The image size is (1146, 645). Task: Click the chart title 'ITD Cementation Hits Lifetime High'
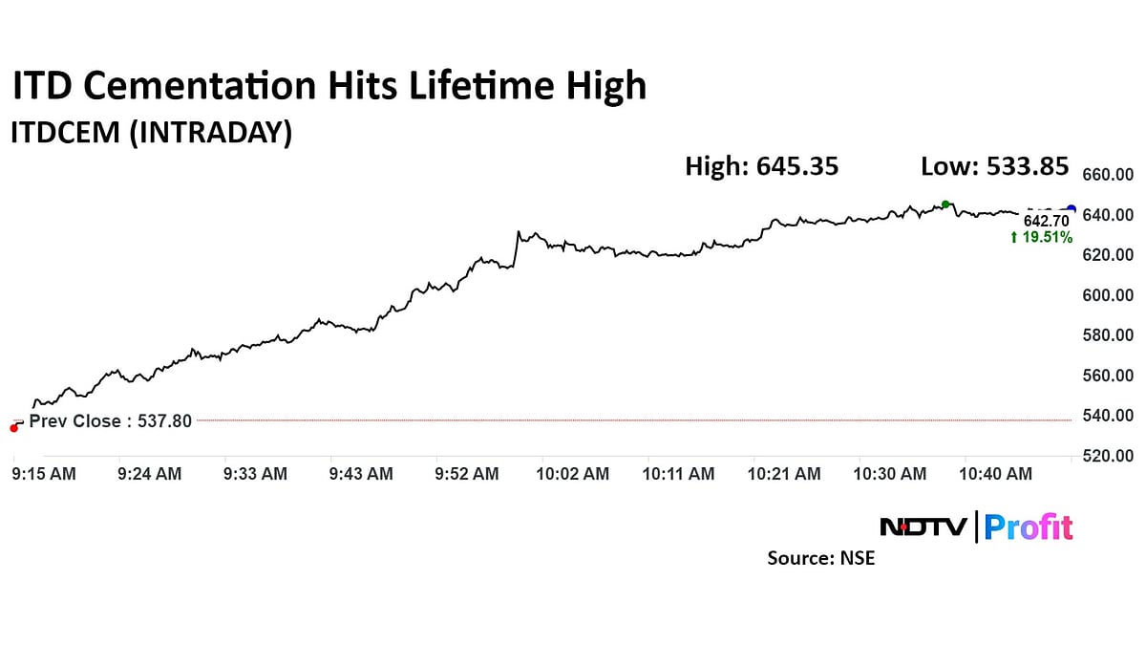(329, 87)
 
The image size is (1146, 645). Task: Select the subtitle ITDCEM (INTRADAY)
(151, 133)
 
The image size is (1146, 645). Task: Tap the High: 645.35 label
(761, 166)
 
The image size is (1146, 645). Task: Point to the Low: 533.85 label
(994, 166)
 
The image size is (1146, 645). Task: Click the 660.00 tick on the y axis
(1107, 175)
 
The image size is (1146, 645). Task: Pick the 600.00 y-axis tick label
(1107, 295)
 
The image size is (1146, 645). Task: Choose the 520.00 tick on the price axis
(1107, 456)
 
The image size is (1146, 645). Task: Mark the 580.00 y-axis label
(1107, 335)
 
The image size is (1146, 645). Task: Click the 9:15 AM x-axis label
(44, 474)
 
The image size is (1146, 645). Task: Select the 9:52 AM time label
(466, 474)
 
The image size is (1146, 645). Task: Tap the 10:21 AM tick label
(784, 474)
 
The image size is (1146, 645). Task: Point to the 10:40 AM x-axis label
(995, 474)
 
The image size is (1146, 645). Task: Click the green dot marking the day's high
(945, 204)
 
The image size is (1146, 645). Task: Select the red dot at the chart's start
(13, 428)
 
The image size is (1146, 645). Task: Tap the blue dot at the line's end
(1071, 210)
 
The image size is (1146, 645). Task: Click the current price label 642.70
(1047, 221)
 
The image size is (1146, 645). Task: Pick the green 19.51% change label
(1041, 237)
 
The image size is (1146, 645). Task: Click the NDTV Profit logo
(975, 527)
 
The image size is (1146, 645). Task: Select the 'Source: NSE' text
(820, 558)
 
